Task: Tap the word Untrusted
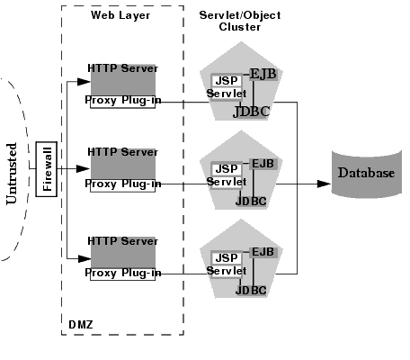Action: click(13, 171)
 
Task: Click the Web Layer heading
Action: click(120, 15)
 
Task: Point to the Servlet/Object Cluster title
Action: click(239, 21)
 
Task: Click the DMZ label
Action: click(80, 321)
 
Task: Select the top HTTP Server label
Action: click(122, 69)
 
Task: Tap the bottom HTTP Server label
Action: click(122, 241)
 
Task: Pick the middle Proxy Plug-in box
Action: click(124, 184)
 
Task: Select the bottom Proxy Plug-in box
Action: click(124, 272)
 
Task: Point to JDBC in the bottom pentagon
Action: click(251, 291)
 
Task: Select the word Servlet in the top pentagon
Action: click(225, 94)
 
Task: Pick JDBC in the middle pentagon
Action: click(251, 202)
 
